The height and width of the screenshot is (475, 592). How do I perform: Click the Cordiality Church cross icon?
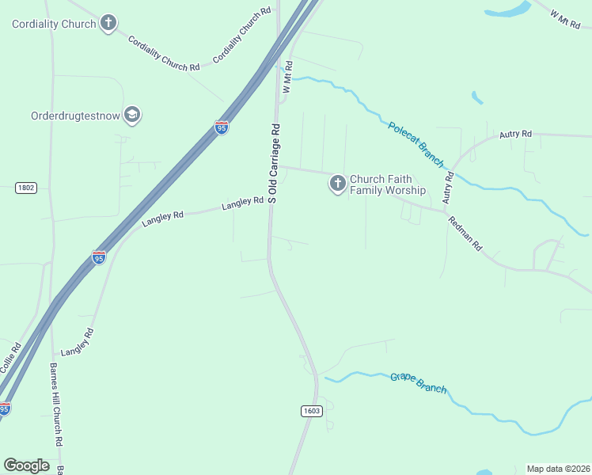[108, 23]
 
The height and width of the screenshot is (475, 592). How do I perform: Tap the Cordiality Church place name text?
[54, 24]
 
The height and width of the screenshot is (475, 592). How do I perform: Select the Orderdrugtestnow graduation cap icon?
[131, 115]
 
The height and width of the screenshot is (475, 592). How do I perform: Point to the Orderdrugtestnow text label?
[75, 116]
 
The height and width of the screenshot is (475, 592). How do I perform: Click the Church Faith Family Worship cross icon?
[337, 184]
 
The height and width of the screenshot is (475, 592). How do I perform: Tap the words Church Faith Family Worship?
[388, 184]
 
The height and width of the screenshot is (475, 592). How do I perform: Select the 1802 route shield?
[26, 188]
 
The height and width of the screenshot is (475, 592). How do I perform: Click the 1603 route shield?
[312, 410]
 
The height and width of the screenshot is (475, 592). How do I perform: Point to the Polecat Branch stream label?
[416, 143]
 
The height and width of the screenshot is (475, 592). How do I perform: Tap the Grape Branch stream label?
[418, 382]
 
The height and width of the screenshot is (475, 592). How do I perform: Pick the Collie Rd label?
[10, 359]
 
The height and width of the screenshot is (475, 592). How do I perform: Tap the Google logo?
[26, 465]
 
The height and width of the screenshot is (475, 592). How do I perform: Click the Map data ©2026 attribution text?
[558, 469]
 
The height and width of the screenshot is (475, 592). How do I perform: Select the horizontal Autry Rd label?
[515, 135]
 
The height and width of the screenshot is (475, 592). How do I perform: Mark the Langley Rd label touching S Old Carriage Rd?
[242, 204]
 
